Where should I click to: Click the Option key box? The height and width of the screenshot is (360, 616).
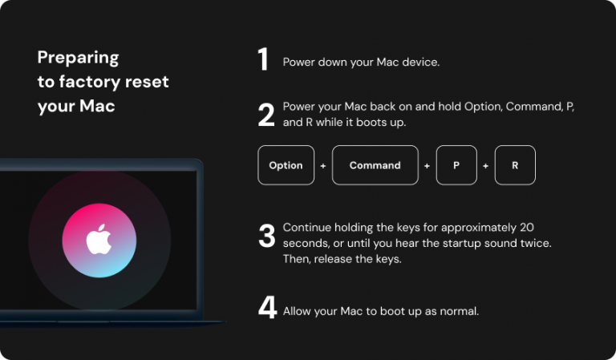click(286, 165)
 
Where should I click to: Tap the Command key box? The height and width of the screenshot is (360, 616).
click(375, 165)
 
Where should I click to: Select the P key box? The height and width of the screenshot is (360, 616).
click(456, 165)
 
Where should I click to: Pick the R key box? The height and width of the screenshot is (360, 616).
click(515, 165)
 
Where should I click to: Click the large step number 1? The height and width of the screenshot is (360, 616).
click(263, 61)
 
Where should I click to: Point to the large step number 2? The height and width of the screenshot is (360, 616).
click(266, 115)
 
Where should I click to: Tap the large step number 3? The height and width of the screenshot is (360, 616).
click(266, 236)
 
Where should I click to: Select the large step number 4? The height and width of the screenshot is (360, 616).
click(267, 309)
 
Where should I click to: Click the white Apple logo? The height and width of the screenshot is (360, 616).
click(99, 240)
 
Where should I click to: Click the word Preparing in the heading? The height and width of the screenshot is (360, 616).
click(78, 58)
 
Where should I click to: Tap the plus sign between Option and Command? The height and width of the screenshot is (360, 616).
click(323, 166)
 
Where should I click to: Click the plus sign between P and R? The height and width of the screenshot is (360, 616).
click(485, 166)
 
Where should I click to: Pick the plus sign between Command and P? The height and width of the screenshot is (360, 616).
click(427, 166)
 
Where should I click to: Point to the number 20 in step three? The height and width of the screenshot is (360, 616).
click(526, 227)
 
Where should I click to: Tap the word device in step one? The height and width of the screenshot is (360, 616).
click(421, 62)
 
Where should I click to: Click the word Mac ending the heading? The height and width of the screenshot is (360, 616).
click(97, 106)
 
